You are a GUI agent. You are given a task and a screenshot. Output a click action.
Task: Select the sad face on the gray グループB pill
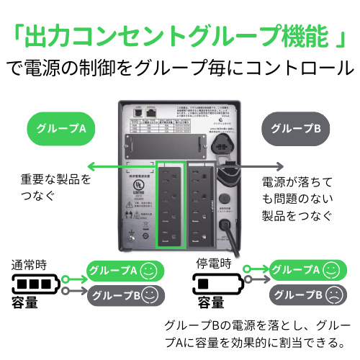[x=333, y=294]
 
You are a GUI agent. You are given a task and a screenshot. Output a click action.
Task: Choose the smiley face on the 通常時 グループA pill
[x=148, y=271]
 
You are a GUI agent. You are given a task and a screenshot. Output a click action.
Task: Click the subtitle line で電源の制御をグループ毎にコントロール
[x=179, y=68]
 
